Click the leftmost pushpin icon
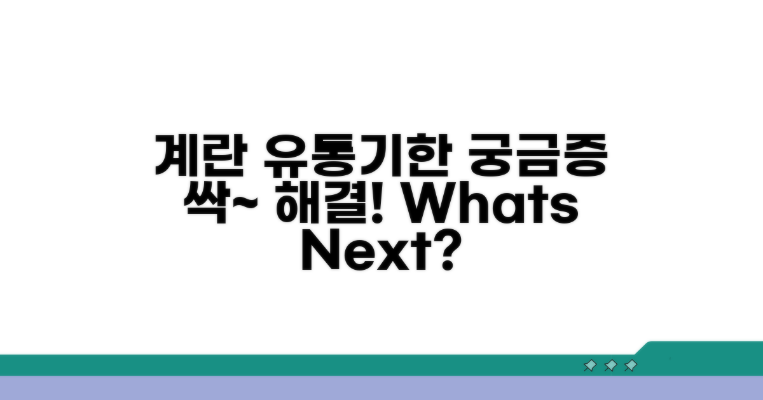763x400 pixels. [x=590, y=366]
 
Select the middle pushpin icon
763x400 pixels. [x=610, y=366]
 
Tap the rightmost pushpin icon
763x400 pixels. [x=631, y=366]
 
